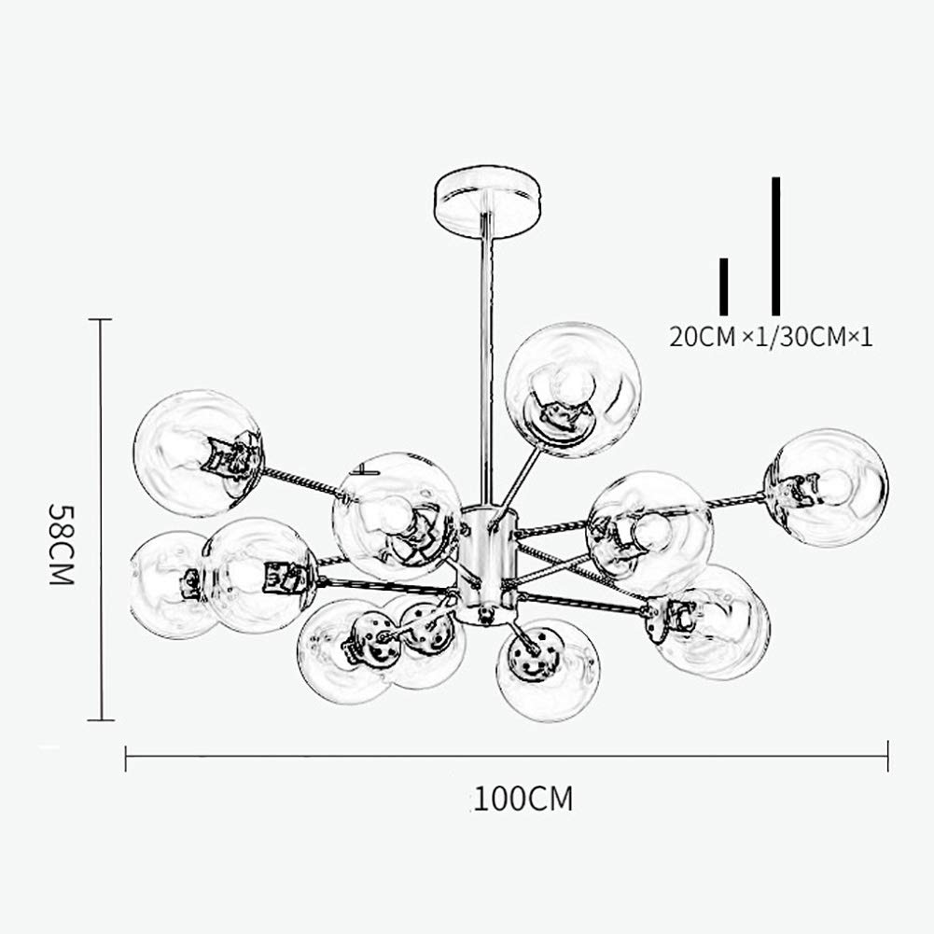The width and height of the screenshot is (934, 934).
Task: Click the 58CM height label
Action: pos(61,544)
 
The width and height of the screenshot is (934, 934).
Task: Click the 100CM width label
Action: pos(523,799)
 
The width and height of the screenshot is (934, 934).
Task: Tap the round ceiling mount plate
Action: pos(487,202)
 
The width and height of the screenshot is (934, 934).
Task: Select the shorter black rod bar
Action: pos(724,286)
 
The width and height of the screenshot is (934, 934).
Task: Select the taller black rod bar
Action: pos(775,246)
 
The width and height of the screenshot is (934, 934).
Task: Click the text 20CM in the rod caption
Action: pos(703,337)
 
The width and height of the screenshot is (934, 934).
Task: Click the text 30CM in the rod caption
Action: pos(813,337)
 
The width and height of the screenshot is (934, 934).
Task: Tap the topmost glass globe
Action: pos(572,390)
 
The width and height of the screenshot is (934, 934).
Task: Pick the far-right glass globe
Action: pos(826,487)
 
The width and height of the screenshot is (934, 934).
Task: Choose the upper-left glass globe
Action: pos(199,453)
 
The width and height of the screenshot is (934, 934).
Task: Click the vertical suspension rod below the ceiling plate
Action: pos(487,369)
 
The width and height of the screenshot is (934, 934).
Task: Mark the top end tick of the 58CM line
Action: pos(100,319)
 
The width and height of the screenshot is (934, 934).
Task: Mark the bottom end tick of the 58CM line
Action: pos(101,720)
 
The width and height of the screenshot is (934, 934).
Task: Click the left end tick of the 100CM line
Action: pos(126,757)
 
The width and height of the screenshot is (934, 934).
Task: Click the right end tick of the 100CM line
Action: pos(887,757)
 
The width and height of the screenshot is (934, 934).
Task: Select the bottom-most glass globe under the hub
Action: pos(548,669)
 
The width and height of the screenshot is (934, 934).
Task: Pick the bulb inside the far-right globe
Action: pos(834,486)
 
